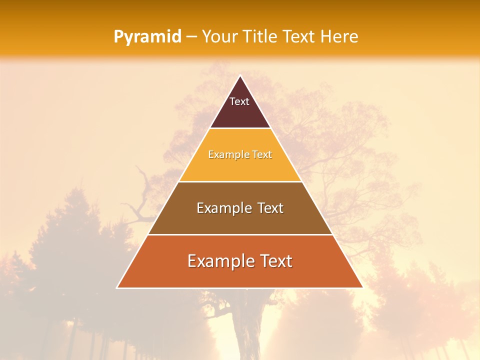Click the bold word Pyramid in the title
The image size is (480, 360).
coord(147,37)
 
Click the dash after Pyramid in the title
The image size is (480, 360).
coord(191,37)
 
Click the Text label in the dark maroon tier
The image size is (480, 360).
coord(239,101)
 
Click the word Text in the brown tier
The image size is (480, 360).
coord(270,208)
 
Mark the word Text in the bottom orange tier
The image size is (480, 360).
coord(275,261)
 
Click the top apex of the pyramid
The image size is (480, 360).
coord(240,76)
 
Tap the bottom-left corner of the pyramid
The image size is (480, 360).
coord(117,287)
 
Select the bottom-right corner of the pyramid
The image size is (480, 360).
coord(362,287)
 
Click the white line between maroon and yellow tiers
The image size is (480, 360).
coord(240,128)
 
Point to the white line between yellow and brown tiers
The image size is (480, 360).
coord(240,181)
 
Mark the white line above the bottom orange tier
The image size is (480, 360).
coord(240,234)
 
